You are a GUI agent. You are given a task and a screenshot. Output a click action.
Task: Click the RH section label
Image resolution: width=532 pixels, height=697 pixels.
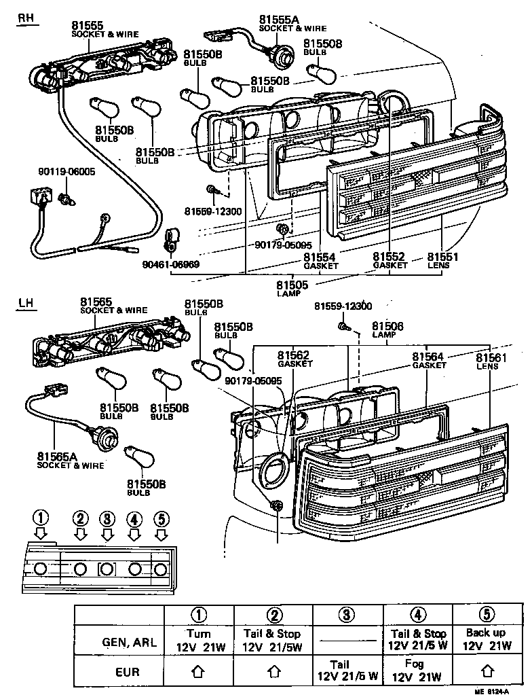26,18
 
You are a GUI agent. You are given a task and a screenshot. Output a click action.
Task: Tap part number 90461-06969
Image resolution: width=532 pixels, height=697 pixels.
171,263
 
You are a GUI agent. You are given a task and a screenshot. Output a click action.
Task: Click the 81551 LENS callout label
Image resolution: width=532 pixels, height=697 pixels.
444,260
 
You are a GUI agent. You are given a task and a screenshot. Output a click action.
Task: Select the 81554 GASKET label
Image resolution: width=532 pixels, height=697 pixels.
320,260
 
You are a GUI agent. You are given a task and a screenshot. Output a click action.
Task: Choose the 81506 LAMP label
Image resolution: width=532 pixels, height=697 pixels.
387,330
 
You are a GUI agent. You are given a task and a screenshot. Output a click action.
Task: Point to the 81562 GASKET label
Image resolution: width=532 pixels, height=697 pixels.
294,358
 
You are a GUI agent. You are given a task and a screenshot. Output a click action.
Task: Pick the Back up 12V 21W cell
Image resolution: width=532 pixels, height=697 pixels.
486,639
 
